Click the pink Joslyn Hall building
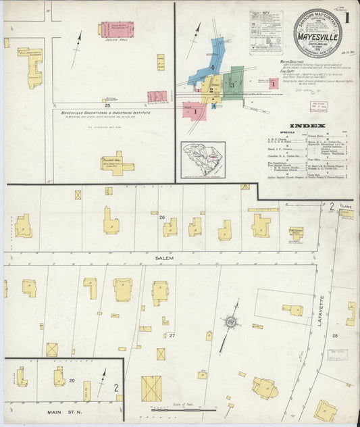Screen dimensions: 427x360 [116, 29]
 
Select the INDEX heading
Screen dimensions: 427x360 [307, 126]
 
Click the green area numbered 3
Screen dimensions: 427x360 [232, 84]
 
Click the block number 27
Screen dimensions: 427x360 [172, 335]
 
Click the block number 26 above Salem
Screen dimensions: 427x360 [162, 217]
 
